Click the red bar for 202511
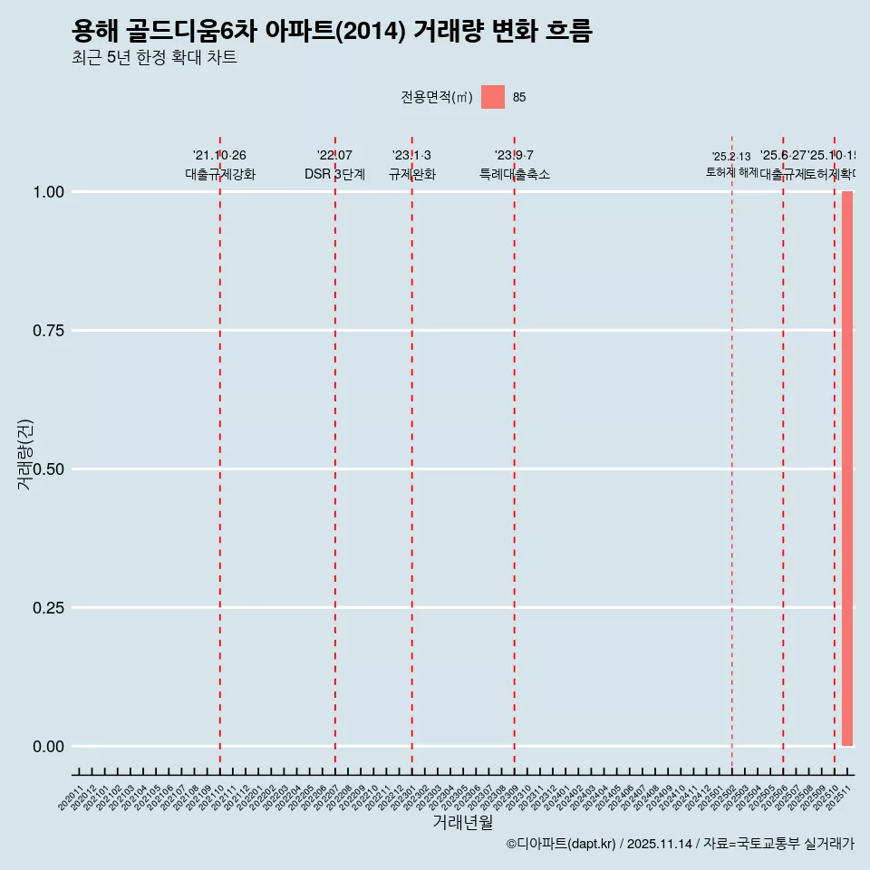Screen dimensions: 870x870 tap(847, 469)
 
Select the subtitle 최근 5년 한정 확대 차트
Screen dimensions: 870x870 tap(154, 58)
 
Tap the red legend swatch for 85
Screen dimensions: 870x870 tap(492, 97)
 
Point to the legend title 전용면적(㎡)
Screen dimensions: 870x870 tap(436, 97)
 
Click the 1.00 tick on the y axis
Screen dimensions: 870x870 tap(48, 191)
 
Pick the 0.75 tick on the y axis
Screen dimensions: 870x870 tap(48, 330)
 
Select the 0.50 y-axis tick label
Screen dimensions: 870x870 tap(48, 469)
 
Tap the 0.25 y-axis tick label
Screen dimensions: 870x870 tap(48, 607)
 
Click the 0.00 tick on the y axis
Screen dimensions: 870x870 tap(48, 746)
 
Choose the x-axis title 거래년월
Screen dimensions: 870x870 tap(462, 822)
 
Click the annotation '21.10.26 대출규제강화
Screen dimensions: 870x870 tap(220, 165)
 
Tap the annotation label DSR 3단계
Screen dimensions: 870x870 tap(334, 174)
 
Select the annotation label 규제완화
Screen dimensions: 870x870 tap(412, 174)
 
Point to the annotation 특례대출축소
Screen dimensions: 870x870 tap(515, 174)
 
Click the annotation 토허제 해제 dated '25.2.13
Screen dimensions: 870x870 tap(731, 164)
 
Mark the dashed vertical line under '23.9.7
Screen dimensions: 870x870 tap(515, 453)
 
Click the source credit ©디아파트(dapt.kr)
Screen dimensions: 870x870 tap(562, 844)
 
